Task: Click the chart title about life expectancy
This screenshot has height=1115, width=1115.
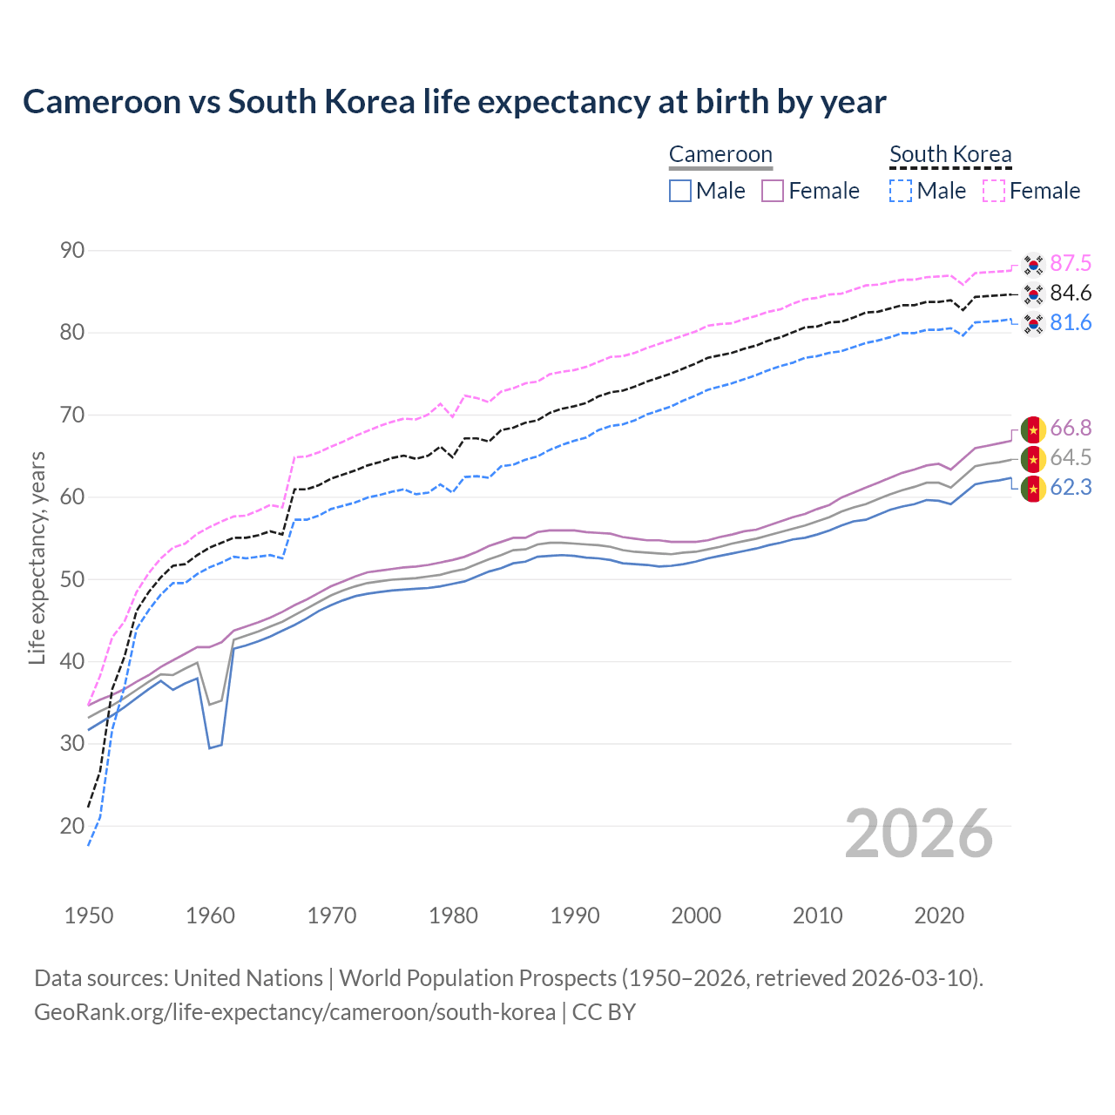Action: point(454,102)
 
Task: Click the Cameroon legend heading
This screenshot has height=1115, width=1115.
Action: point(720,154)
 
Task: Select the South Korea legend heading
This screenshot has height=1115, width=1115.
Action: point(950,154)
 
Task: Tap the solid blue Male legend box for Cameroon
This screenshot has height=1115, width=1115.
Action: point(680,191)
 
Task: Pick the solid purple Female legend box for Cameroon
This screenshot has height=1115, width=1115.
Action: point(774,191)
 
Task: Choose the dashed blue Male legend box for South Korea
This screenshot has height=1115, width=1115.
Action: point(901,191)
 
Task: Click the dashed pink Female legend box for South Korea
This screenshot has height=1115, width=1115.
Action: point(994,191)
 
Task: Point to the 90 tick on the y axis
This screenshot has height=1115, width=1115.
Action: point(72,251)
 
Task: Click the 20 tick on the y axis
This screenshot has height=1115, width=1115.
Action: point(72,826)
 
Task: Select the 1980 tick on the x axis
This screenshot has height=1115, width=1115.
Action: point(453,916)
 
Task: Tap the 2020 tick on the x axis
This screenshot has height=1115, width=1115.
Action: point(939,916)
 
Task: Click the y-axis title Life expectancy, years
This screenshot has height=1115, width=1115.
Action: point(37,557)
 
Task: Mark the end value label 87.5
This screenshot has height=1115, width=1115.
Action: point(1071,264)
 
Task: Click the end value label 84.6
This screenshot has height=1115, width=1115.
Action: point(1071,294)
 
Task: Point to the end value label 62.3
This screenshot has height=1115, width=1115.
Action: point(1071,488)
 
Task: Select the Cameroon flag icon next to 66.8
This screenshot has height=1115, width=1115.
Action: point(1033,429)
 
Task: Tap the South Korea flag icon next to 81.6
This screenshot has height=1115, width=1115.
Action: point(1033,324)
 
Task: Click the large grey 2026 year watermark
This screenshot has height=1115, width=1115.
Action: point(919,834)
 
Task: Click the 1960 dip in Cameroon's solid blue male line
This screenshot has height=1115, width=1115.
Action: point(210,747)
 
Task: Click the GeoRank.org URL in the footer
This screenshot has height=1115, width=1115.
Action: point(294,1012)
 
